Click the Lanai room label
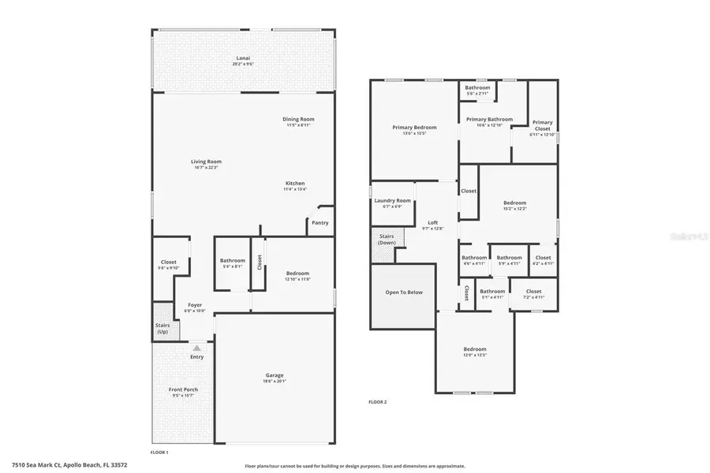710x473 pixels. pos(242,58)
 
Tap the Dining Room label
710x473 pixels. pos(299,119)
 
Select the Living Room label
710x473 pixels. pos(205,162)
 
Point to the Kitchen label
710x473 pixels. pos(294,184)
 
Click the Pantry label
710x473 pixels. pos(319,222)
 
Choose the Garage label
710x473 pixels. pos(275,375)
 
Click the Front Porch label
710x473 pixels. pos(183,389)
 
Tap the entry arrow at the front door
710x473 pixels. pos(197,347)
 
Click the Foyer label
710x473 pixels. pos(194,305)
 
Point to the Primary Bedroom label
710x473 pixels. pos(414,127)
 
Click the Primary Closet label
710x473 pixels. pos(542,122)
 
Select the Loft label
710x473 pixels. pos(432,223)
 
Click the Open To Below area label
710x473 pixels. pos(403,292)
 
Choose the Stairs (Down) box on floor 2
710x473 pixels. pos(387,239)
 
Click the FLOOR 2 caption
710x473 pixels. pos(378,402)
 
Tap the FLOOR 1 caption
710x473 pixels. pos(159,453)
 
